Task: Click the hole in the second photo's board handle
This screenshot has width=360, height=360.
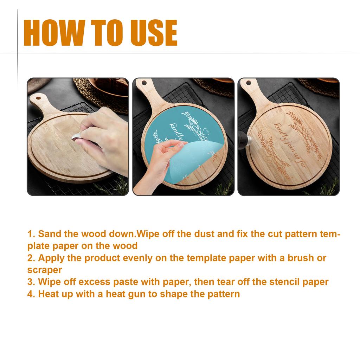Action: tap(144, 83)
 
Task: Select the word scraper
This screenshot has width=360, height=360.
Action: tap(44, 270)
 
